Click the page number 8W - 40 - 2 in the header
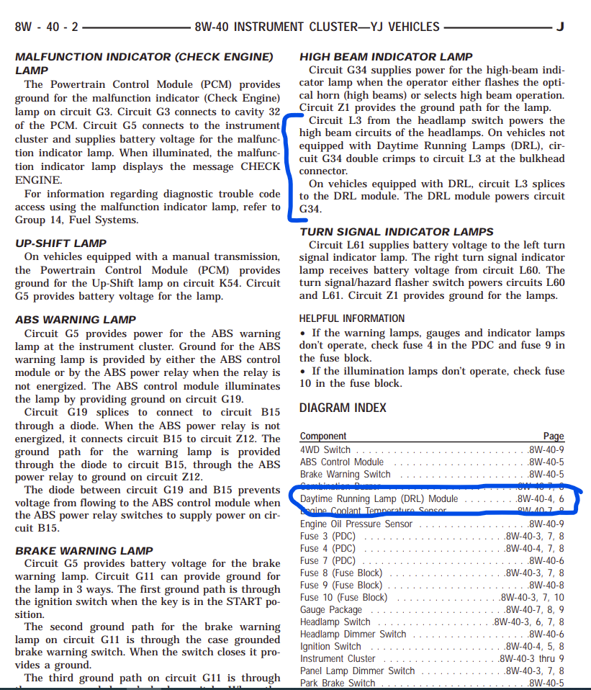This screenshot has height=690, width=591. click(x=45, y=27)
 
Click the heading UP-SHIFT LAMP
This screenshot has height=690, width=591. click(x=60, y=243)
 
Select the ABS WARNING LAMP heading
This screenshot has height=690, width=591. click(x=76, y=320)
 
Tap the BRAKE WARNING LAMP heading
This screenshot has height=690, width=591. click(x=84, y=551)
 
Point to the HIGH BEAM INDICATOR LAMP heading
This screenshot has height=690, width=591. click(x=386, y=57)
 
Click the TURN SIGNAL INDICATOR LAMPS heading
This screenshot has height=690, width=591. click(x=397, y=232)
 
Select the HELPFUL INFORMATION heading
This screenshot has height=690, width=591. click(x=352, y=318)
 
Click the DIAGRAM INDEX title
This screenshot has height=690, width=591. click(x=343, y=408)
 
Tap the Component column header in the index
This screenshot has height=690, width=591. click(x=323, y=436)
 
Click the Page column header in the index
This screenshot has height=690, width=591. click(x=554, y=436)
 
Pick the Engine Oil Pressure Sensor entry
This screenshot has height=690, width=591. click(x=356, y=524)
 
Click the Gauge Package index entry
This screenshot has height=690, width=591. click(x=331, y=610)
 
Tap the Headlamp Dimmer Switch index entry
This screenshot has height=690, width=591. click(x=353, y=635)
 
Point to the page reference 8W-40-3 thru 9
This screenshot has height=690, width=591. click(x=531, y=658)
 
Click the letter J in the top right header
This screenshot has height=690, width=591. click(x=559, y=27)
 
